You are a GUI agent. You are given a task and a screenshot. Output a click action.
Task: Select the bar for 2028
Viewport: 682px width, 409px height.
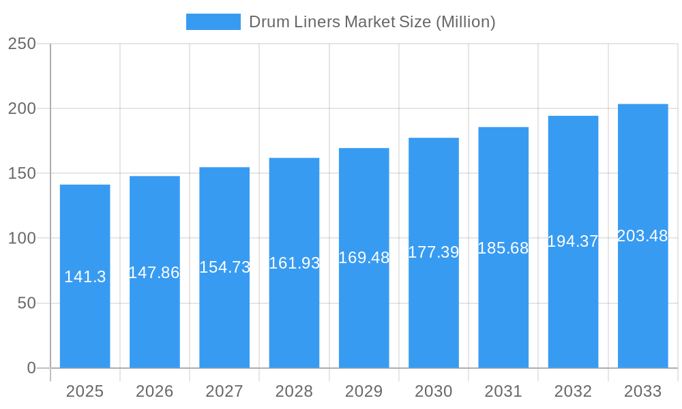pos(294,314)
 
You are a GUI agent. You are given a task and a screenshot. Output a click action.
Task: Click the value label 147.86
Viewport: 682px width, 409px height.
pos(154,273)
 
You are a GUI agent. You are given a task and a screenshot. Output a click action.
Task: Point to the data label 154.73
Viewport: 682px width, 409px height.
pos(224,267)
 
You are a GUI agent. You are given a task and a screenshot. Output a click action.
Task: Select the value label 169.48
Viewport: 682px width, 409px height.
pos(364,258)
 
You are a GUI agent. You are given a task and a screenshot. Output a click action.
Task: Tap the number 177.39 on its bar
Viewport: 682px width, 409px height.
pos(434,252)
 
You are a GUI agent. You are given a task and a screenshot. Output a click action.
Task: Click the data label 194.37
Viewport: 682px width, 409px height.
pos(573,241)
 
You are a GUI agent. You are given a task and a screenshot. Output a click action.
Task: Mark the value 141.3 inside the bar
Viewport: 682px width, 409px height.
pos(85,277)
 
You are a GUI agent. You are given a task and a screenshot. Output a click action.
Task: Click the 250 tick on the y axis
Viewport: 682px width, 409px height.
pos(22,44)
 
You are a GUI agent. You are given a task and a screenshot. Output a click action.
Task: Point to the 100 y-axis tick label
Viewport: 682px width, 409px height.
pos(22,239)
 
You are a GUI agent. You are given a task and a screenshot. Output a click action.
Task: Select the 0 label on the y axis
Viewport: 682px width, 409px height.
pos(31,368)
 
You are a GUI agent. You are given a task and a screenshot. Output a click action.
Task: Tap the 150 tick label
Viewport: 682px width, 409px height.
pos(22,174)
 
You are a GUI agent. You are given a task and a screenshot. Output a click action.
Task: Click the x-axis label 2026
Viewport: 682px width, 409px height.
pos(155,391)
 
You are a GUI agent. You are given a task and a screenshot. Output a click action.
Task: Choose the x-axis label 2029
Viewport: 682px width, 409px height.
pos(364,391)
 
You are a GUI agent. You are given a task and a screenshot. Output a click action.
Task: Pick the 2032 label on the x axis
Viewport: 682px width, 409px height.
pos(573,391)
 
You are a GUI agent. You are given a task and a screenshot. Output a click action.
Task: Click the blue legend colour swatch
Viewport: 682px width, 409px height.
pos(213,22)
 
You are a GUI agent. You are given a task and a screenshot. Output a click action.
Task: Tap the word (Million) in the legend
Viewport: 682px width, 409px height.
pos(465,22)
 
